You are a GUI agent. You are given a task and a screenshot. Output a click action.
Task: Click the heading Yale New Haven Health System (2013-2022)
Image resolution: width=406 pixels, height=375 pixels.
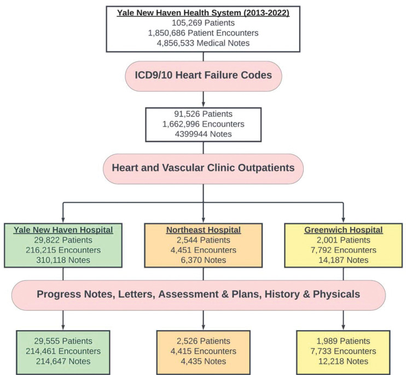203,13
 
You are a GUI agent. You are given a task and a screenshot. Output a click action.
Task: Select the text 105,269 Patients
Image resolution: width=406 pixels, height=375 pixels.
203,23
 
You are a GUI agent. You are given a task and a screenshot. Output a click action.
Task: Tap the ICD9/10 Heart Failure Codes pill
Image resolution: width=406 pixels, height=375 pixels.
203,75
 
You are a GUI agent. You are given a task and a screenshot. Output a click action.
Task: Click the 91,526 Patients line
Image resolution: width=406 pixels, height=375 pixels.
203,114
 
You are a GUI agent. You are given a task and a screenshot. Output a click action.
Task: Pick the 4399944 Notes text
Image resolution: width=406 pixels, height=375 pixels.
203,134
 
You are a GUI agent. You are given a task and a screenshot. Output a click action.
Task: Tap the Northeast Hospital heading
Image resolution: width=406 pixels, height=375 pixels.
203,230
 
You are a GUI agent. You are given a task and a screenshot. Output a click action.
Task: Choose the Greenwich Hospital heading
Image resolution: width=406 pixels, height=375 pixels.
343,230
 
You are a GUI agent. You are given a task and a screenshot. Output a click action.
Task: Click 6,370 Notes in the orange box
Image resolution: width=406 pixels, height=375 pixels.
203,260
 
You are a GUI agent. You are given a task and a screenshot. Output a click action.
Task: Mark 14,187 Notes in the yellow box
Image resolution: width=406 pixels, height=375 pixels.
343,260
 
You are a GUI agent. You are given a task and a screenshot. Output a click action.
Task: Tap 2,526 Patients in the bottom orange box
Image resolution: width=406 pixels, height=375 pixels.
203,341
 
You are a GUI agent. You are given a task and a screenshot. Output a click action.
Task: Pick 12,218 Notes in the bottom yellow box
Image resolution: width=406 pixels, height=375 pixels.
343,361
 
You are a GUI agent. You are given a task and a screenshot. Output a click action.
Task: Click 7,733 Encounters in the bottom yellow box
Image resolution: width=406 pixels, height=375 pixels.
343,351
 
